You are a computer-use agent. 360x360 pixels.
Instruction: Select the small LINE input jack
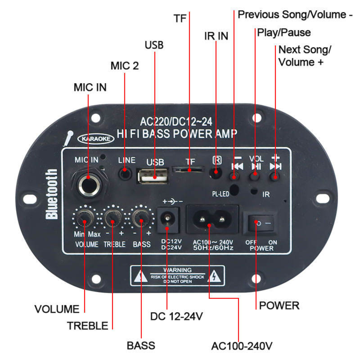125,173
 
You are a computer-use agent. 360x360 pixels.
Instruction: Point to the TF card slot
188,170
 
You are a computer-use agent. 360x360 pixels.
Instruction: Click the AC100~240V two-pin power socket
212,219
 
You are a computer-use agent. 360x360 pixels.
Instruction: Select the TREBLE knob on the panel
113,218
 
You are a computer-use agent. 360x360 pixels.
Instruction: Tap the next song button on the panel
274,176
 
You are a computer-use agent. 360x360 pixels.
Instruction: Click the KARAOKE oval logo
96,139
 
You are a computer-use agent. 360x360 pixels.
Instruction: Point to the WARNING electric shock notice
177,275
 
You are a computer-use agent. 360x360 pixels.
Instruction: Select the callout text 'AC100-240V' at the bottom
241,346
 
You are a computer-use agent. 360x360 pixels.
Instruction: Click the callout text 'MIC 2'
124,66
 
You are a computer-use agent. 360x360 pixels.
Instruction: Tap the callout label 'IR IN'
216,36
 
